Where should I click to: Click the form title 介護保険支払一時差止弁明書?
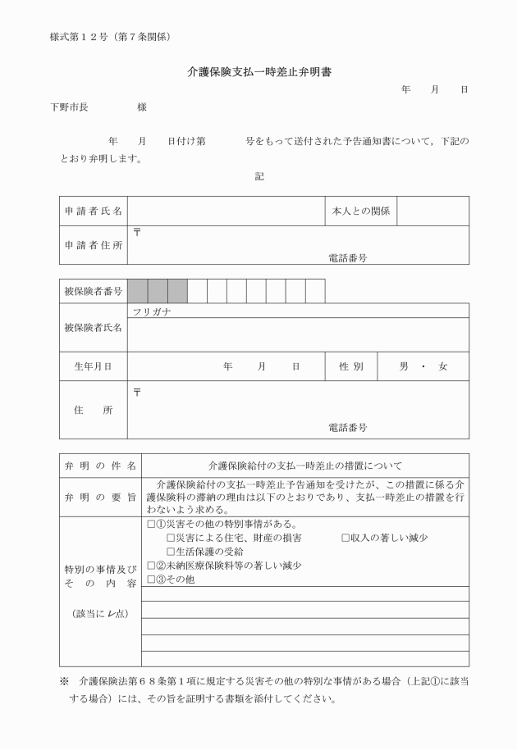[x=258, y=72]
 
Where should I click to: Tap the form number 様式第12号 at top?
[x=110, y=36]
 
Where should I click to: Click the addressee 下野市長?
[x=69, y=107]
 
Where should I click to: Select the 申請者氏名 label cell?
[x=93, y=211]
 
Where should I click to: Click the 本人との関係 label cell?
[x=361, y=211]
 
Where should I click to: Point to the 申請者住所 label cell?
[x=93, y=245]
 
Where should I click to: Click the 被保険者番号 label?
[x=93, y=291]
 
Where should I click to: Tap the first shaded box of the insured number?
[x=137, y=291]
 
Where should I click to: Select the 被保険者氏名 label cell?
[x=93, y=328]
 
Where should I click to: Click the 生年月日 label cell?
[x=93, y=366]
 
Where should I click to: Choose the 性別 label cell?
[x=351, y=366]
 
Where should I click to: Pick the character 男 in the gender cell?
[x=404, y=366]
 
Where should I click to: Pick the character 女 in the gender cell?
[x=443, y=366]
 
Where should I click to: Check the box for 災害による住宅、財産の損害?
[x=171, y=538]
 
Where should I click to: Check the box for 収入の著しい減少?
[x=346, y=538]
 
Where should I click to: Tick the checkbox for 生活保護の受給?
[x=171, y=552]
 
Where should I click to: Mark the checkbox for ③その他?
[x=150, y=580]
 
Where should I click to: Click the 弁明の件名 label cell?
[x=93, y=466]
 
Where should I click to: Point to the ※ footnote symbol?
[x=64, y=681]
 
